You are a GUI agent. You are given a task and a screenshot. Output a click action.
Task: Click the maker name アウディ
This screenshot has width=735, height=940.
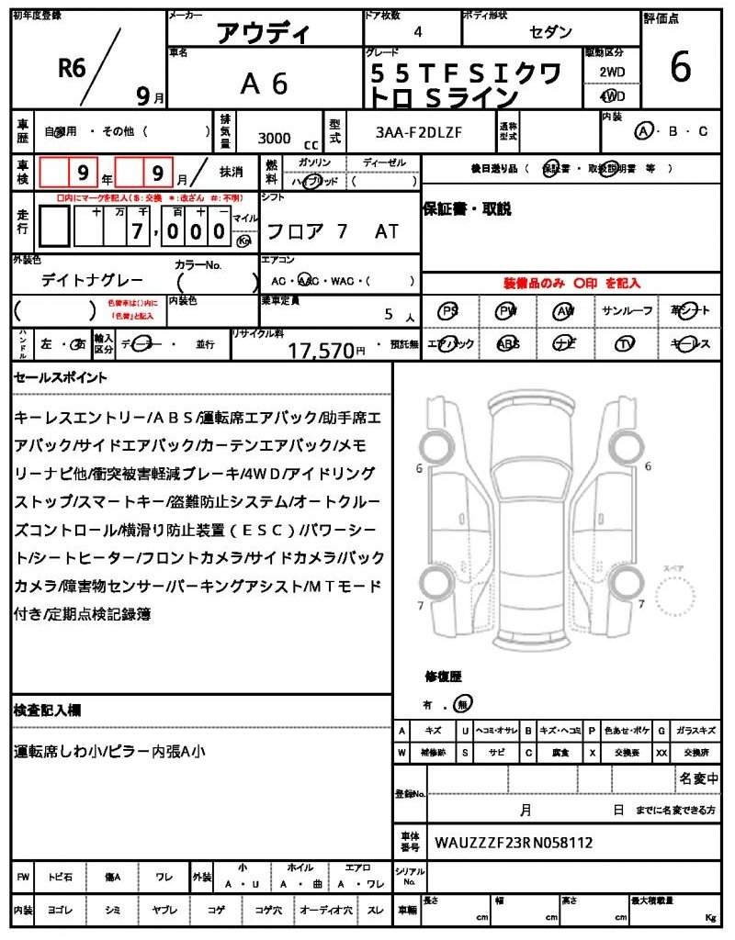click(264, 34)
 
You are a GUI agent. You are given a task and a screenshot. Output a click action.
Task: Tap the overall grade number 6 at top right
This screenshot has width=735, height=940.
click(681, 67)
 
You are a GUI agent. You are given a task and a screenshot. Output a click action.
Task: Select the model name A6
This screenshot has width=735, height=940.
click(264, 84)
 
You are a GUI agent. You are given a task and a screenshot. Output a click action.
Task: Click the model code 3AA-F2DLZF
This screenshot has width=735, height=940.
click(419, 132)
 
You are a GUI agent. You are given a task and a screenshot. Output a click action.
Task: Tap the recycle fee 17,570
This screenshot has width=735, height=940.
click(322, 350)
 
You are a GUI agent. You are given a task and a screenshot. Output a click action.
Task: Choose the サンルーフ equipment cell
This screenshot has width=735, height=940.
click(628, 311)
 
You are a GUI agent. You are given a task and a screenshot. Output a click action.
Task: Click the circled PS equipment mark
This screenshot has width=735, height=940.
click(449, 311)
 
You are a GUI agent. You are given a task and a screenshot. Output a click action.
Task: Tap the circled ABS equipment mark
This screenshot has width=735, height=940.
click(507, 344)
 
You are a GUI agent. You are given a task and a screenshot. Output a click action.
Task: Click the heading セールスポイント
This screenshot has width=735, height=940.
click(61, 377)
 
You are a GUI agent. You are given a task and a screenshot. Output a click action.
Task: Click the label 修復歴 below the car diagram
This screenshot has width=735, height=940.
click(443, 677)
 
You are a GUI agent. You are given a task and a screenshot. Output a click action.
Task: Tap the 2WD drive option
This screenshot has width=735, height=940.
click(612, 72)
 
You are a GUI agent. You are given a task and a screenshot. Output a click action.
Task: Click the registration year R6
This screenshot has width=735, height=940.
click(72, 66)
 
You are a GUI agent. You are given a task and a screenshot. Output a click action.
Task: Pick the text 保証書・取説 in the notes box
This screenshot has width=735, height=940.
click(467, 209)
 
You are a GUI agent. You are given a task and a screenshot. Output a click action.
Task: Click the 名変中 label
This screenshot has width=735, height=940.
click(698, 778)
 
